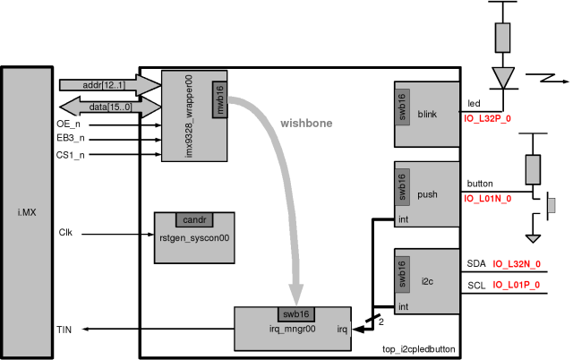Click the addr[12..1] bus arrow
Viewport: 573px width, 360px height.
[x=109, y=85]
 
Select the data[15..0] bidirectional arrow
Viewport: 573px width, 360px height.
[x=109, y=107]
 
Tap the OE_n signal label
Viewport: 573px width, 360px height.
[x=68, y=124]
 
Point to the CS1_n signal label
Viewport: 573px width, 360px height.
[x=70, y=155]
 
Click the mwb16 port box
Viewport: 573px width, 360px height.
[x=219, y=99]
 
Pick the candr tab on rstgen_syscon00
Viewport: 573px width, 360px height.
[x=194, y=219]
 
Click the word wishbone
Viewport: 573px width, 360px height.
[x=306, y=124]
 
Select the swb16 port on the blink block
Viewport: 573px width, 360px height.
[x=402, y=107]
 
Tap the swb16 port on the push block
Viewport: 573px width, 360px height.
[x=402, y=187]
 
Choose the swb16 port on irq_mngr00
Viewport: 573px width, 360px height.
[x=296, y=314]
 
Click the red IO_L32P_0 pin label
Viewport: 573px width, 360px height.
[x=487, y=119]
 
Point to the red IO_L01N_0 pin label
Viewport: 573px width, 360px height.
[x=487, y=199]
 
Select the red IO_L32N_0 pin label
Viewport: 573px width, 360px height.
[x=517, y=264]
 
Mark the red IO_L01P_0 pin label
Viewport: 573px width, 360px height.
[x=516, y=285]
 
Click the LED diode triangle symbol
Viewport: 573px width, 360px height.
[x=503, y=78]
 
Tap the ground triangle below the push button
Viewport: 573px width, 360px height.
[x=533, y=239]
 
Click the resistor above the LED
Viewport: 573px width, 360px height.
[x=503, y=38]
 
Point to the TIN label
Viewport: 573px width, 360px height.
[x=64, y=330]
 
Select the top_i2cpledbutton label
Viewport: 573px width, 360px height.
[x=419, y=349]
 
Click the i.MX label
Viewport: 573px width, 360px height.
[x=27, y=212]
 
